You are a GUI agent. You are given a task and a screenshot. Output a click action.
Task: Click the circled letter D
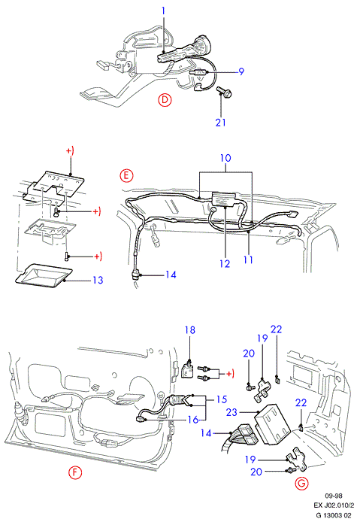coord(165,100)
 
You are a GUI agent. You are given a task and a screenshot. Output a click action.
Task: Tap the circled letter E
coord(126,175)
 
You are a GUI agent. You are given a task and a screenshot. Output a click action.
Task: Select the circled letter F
coord(75,472)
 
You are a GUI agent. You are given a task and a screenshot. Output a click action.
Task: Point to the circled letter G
coord(302,483)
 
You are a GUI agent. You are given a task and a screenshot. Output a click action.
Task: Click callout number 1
coord(163,11)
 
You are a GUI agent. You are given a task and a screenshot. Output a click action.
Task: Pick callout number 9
coord(241,71)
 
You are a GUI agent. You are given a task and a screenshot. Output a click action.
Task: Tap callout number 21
coord(221,122)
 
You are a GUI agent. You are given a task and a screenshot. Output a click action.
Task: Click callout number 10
coord(225,158)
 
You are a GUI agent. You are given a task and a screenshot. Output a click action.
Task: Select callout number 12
coord(225,264)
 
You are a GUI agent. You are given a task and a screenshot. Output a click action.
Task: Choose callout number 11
coord(248,259)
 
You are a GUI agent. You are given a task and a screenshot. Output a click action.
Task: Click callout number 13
coord(98,280)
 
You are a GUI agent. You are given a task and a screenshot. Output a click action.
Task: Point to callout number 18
coord(190,330)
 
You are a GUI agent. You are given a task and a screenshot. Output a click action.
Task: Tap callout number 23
coord(231,412)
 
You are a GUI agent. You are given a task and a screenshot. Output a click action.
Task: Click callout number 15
coord(222,399)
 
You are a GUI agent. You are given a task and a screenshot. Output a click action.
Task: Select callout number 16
coord(193,420)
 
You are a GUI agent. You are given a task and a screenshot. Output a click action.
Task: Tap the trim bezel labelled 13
coord(44,275)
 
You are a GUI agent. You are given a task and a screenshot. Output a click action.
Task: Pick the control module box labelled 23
coord(273,424)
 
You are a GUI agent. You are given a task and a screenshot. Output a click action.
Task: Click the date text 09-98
coord(334,496)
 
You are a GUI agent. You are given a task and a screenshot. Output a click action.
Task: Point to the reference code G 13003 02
coord(334,515)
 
